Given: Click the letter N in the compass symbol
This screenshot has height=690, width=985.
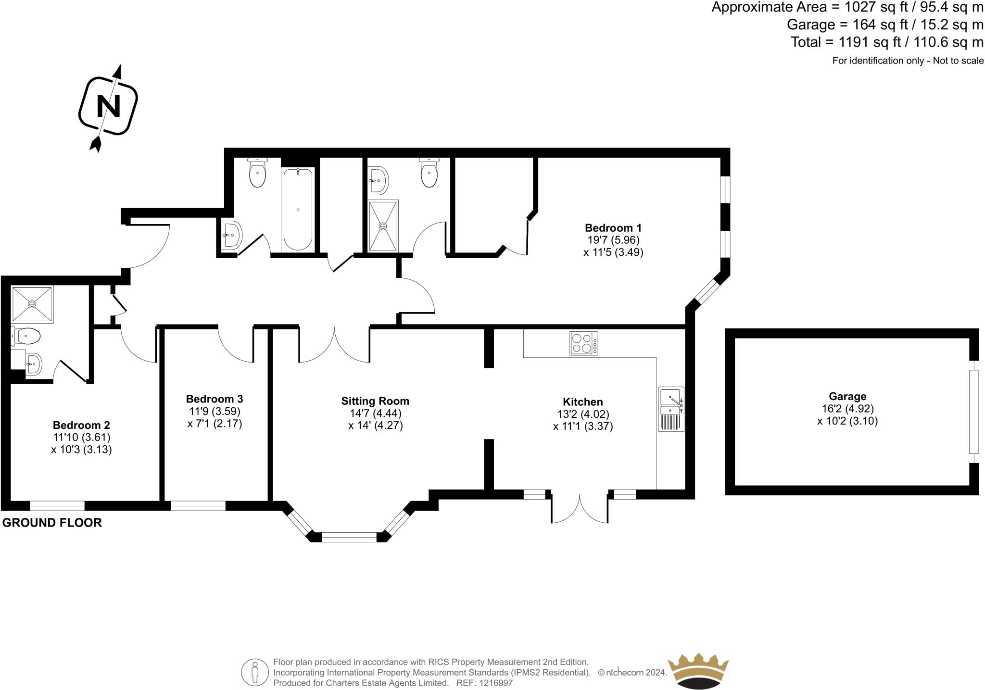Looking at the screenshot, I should [108, 106].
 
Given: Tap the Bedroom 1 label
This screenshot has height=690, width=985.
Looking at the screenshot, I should [613, 228].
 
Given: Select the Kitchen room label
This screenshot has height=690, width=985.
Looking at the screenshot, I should [582, 402].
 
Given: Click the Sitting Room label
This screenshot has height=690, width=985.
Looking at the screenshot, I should [375, 401].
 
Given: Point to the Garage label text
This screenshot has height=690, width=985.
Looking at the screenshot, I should [847, 397].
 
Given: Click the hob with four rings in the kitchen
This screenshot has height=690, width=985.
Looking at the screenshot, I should [583, 343].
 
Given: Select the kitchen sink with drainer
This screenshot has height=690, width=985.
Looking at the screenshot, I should [671, 409].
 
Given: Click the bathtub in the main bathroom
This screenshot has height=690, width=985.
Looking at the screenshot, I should [298, 209].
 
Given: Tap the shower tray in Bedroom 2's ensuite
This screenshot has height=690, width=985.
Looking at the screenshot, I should [32, 304].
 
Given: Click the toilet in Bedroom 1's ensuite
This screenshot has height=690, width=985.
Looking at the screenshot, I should [429, 173].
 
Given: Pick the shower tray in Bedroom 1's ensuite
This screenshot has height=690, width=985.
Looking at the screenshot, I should [383, 226].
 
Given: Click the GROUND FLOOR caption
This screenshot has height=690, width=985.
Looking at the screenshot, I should [52, 523].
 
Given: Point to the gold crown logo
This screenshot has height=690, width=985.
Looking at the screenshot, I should [698, 670].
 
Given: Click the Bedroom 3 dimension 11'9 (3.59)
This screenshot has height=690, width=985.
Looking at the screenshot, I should [215, 412].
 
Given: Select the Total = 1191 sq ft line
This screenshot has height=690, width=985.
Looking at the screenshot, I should [886, 42].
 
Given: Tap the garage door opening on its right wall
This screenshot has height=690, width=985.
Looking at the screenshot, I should [973, 412].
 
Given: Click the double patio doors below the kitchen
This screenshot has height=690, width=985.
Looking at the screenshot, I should [580, 507].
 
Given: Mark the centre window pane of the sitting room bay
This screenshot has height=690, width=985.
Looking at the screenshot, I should [349, 537].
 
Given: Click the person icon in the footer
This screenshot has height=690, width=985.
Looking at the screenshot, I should [254, 672].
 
